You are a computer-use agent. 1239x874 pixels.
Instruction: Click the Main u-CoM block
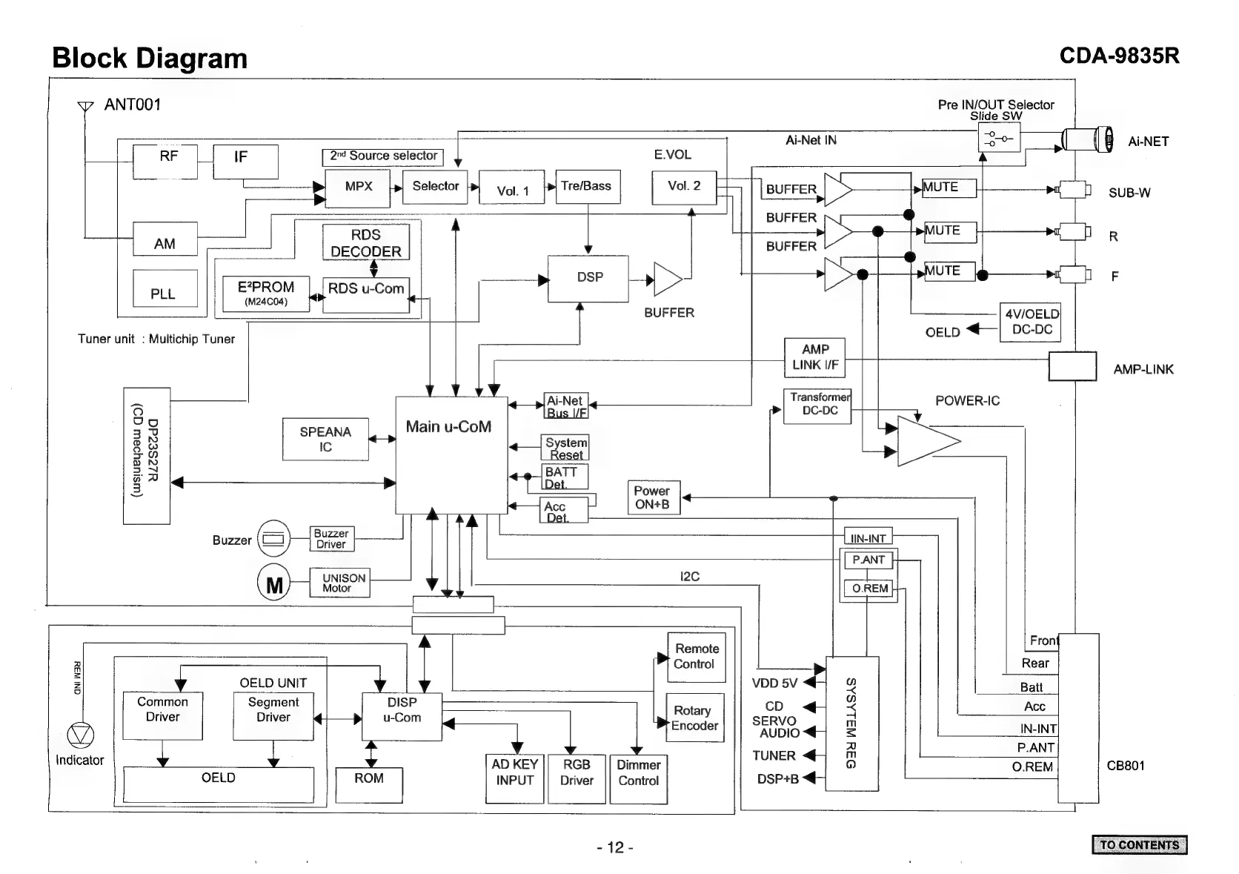(451, 454)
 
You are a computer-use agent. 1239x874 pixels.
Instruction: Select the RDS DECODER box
(366, 243)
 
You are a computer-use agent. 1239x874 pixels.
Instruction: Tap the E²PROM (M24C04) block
(266, 294)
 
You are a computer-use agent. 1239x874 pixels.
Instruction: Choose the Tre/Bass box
(587, 187)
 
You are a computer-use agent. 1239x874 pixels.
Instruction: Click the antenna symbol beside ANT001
(85, 107)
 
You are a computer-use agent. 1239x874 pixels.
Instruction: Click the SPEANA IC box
(325, 440)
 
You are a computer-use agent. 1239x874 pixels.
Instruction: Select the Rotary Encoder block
(694, 718)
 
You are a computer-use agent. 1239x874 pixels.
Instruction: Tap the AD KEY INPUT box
(514, 778)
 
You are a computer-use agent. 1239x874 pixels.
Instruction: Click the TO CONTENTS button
(1139, 845)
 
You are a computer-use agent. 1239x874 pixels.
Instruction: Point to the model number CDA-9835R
(1119, 56)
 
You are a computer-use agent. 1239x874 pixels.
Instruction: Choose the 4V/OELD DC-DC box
(1031, 322)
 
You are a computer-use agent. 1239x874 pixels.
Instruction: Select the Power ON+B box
(652, 497)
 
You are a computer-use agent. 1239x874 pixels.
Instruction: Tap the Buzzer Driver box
(331, 539)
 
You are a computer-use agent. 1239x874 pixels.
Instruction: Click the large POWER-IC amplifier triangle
(924, 441)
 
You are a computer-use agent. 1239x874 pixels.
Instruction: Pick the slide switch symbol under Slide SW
(999, 138)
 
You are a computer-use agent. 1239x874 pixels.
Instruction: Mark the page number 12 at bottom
(615, 847)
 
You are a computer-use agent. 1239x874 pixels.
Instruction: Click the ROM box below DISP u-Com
(369, 785)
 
